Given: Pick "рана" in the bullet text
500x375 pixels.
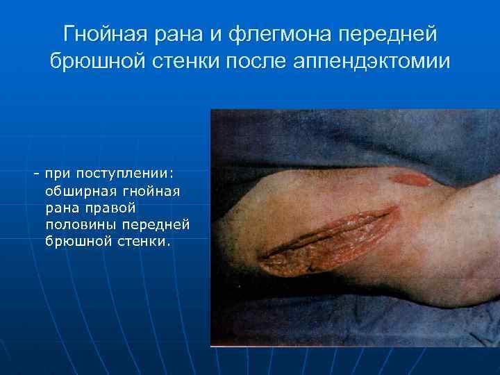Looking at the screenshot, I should [x=61, y=208].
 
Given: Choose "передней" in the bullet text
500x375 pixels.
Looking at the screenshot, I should [x=156, y=225].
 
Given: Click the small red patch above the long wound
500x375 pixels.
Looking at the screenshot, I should [x=411, y=180].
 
